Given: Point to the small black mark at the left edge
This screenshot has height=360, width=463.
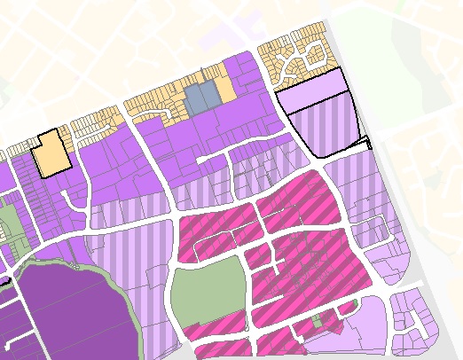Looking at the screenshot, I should click(x=4, y=282).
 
